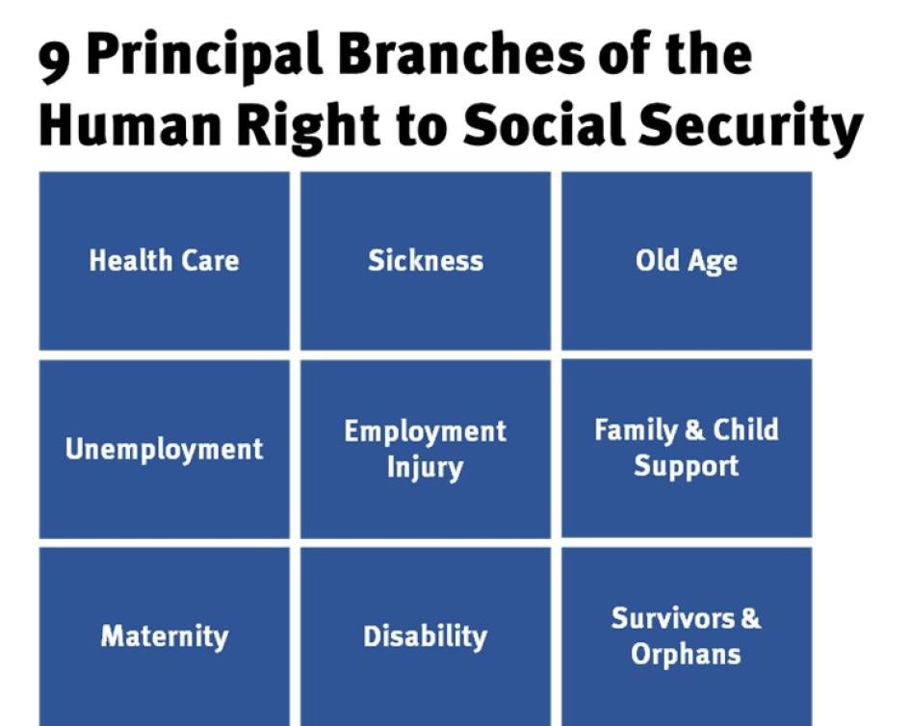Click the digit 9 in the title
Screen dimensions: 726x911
point(55,61)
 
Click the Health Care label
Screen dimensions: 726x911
point(164,261)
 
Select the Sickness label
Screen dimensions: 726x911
point(426,261)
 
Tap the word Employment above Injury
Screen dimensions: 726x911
point(426,432)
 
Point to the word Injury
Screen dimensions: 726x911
point(426,469)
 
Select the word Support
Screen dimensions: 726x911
point(686,468)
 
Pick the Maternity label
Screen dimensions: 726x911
point(165,636)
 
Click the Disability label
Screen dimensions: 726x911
point(426,637)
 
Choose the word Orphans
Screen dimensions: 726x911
point(686,655)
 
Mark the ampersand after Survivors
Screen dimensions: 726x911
point(750,618)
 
